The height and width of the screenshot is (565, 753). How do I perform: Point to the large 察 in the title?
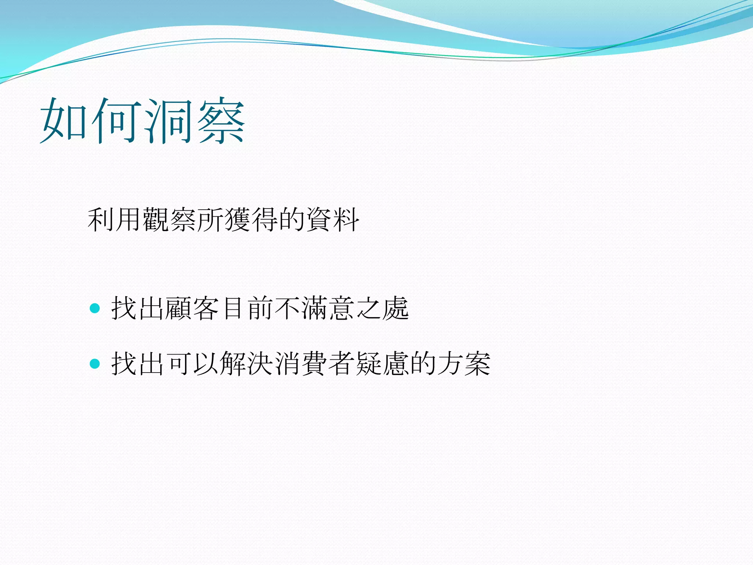(x=221, y=120)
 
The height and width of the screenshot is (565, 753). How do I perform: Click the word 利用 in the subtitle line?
(x=114, y=220)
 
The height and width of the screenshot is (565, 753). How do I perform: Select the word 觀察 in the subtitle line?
(x=169, y=220)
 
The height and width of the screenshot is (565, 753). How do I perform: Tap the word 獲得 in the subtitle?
(x=251, y=220)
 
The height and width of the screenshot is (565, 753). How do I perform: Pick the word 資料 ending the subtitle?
(x=332, y=220)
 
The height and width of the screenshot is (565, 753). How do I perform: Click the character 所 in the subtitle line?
(x=210, y=220)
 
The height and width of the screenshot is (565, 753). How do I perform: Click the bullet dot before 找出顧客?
(x=95, y=308)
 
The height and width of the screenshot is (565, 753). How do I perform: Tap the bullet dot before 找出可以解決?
(x=95, y=363)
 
